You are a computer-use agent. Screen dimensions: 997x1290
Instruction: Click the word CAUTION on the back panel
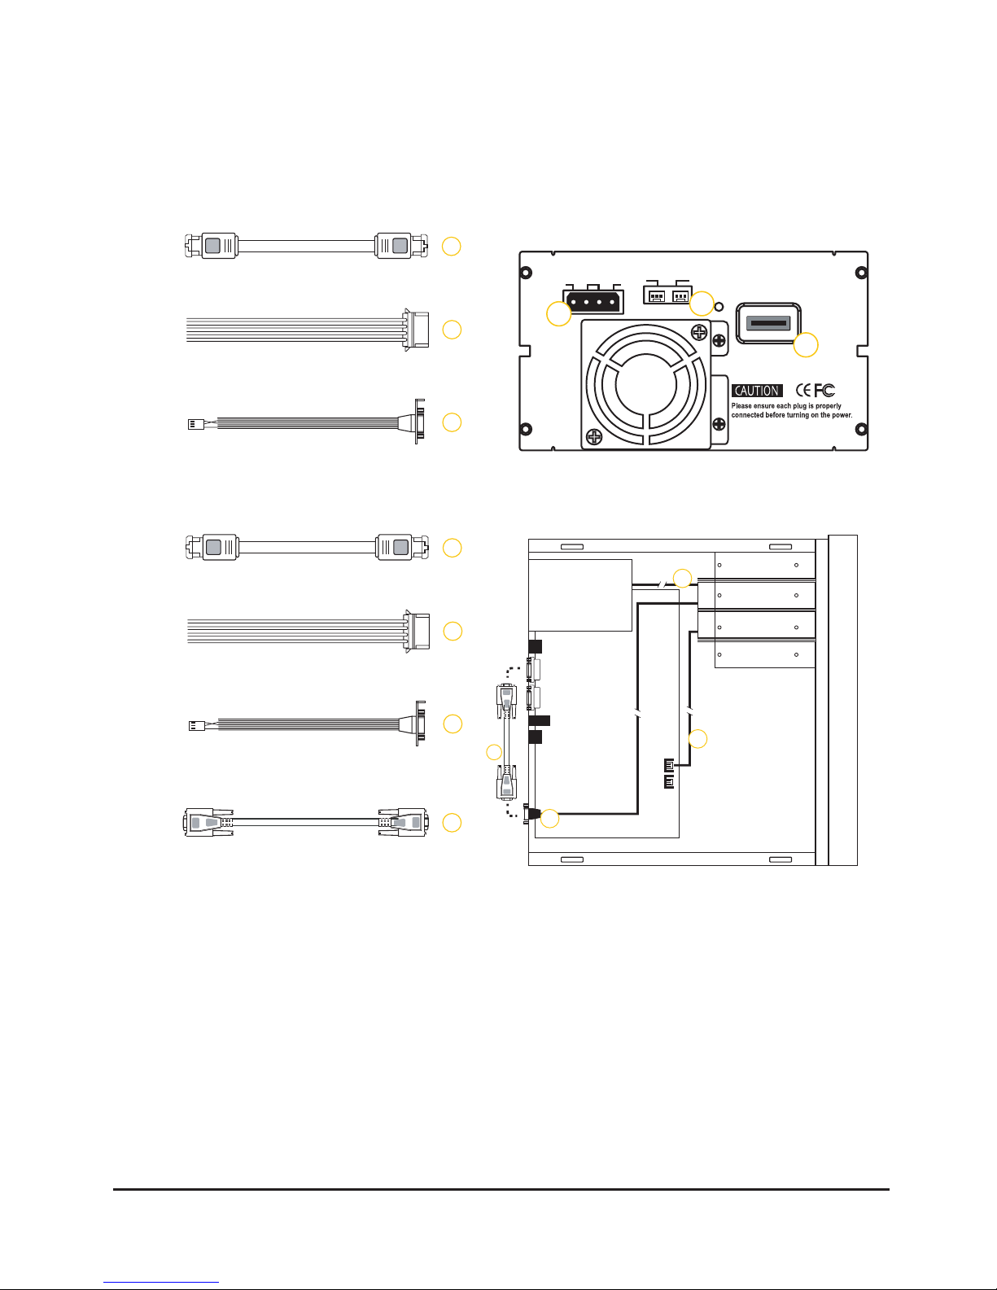point(757,391)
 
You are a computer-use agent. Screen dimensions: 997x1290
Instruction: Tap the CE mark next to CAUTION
point(803,390)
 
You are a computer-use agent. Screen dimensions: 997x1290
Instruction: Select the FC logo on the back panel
point(824,390)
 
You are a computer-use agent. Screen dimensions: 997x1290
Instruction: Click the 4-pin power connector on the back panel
point(593,302)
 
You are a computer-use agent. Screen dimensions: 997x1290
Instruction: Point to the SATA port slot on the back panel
point(768,323)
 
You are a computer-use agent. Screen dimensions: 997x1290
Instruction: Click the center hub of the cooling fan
point(645,385)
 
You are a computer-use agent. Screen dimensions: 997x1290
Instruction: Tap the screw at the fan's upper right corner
point(700,332)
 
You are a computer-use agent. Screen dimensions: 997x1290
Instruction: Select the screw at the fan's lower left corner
point(594,437)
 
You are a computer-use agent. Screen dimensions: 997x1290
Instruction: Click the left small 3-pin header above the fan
point(656,295)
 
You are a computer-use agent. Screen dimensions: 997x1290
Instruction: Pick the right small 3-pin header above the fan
point(680,295)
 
